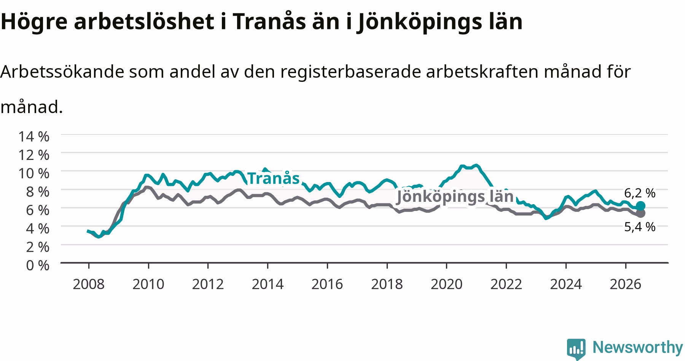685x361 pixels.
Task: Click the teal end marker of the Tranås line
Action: point(640,206)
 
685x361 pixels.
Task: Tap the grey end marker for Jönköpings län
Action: point(640,213)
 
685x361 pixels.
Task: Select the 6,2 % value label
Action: point(640,193)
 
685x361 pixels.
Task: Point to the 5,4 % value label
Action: point(640,227)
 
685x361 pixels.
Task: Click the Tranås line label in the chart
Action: point(274,178)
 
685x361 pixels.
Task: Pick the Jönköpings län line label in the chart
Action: point(455,197)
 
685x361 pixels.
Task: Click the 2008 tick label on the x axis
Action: point(88,284)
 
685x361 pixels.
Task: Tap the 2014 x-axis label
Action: point(268,284)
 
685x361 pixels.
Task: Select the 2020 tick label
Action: point(446,284)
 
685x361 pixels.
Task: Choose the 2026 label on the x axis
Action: point(625,284)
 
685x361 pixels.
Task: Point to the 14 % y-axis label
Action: point(34,136)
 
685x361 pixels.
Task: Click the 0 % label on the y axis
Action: point(38,265)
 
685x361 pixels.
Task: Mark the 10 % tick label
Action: point(34,173)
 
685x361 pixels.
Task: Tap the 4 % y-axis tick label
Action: point(38,228)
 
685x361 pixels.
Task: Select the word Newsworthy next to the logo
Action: point(638,347)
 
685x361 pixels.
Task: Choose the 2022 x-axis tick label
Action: point(506,284)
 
